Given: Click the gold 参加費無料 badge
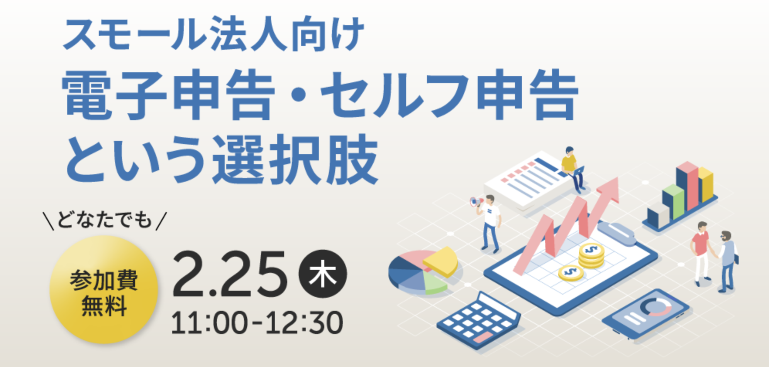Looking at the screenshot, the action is (104, 290).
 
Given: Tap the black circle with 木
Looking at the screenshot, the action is (323, 274).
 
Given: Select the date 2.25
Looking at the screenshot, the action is (229, 274).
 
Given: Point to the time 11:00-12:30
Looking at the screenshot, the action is (257, 323).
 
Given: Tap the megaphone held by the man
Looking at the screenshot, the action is (476, 201).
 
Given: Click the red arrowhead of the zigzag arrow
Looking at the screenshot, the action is (609, 189).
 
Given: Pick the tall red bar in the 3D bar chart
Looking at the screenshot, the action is (688, 185).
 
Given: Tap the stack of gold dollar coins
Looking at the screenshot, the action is (591, 255).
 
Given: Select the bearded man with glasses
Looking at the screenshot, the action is (727, 261).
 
